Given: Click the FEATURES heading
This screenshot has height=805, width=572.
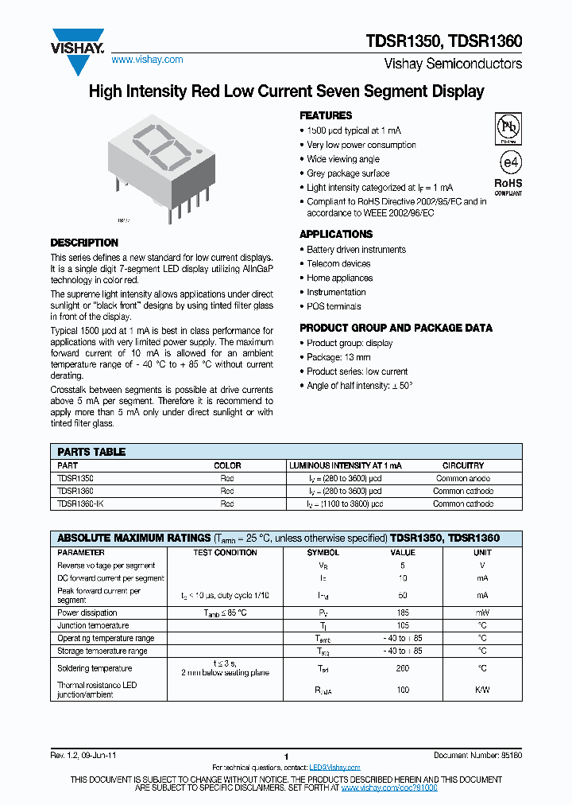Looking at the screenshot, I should pos(326,115).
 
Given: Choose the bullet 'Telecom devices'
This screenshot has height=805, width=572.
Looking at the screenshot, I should pos(338,263).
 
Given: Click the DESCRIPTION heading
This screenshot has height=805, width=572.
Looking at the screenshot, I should pos(84,243).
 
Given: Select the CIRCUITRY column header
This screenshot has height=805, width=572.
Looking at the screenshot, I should pos(462,465).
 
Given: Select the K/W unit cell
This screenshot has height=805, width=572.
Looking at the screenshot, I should pos(482,690).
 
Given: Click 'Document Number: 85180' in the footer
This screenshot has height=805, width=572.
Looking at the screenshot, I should pos(477,755).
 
